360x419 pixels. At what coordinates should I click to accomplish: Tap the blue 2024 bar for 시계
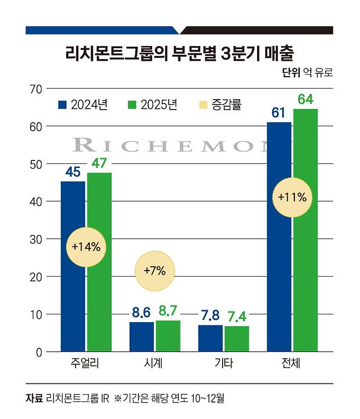[141, 337]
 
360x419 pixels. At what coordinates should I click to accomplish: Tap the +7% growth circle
[154, 270]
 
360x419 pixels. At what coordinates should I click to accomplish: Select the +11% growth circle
[292, 197]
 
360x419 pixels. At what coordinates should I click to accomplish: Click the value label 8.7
[168, 311]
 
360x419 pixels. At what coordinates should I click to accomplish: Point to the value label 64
[305, 99]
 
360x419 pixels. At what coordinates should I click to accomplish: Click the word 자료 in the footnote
[34, 398]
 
